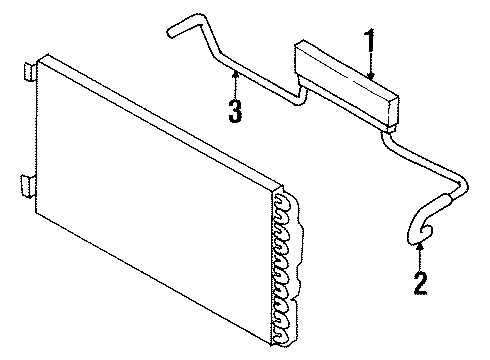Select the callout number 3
pos(235,109)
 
